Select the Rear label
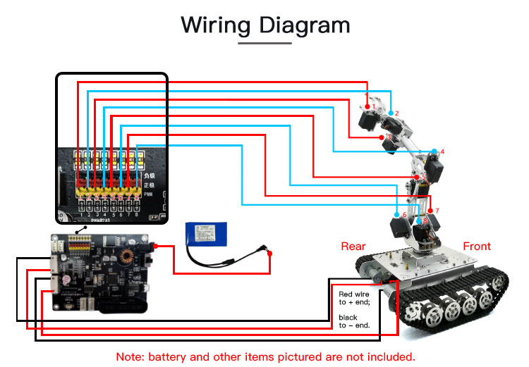pos(353,246)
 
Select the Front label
pos(477,246)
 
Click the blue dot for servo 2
pos(391,113)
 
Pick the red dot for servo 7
pos(430,211)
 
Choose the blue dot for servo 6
pos(396,215)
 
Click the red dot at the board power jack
pos(154,246)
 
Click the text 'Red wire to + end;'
pos(355,298)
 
